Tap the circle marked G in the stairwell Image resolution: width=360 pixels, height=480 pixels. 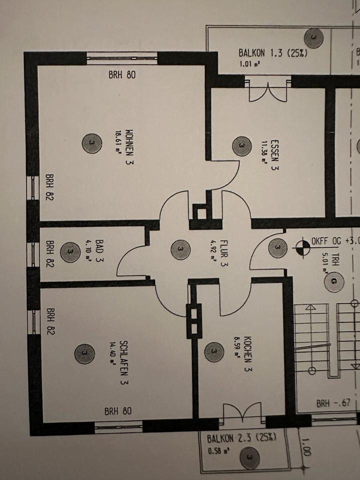point(333,283)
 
